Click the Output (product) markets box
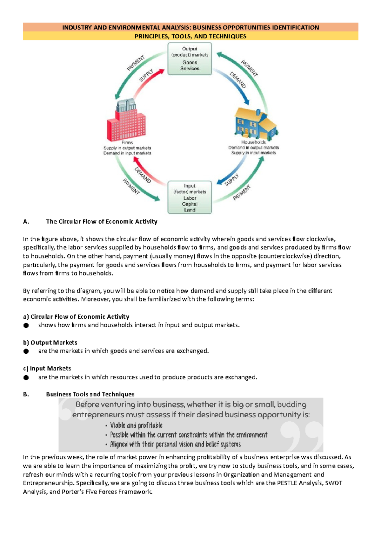click(x=190, y=59)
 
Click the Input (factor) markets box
click(x=190, y=197)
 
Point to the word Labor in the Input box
click(x=190, y=198)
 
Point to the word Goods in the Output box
click(x=190, y=63)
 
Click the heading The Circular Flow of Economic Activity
click(x=102, y=222)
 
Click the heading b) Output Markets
click(x=50, y=343)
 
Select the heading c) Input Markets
click(x=47, y=368)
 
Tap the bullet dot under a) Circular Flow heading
click(x=26, y=325)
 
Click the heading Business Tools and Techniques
click(x=90, y=394)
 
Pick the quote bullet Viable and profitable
click(x=136, y=426)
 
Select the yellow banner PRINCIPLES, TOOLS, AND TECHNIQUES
click(x=190, y=36)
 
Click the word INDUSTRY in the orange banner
click(x=77, y=27)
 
